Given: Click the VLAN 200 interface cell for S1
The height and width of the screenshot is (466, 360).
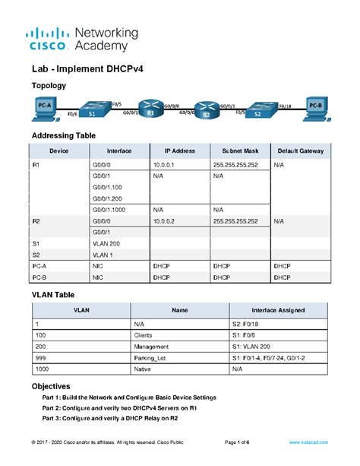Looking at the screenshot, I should pos(105,244).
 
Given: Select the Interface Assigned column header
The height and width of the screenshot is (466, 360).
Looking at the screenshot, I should pos(277,311).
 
